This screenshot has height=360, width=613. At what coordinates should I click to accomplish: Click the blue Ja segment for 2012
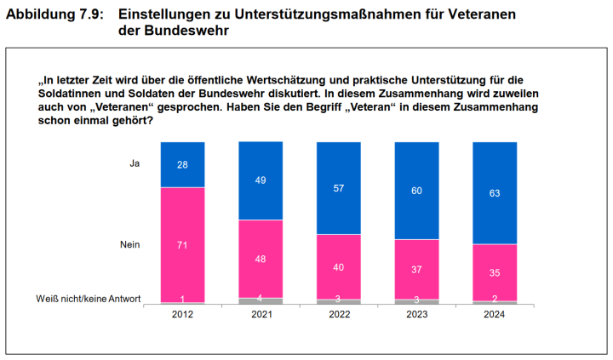(x=182, y=164)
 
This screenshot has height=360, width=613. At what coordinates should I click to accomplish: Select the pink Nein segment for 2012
(x=182, y=244)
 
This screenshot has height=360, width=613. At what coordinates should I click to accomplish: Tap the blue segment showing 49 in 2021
(x=261, y=180)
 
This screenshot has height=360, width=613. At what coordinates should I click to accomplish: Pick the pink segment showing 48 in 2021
(x=261, y=259)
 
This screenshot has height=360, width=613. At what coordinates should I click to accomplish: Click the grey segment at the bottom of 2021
(x=261, y=300)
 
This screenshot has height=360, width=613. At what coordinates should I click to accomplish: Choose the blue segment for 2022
(x=339, y=187)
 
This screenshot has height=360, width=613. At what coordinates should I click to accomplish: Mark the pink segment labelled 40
(x=339, y=266)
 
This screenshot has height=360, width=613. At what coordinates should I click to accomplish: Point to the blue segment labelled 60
(x=417, y=190)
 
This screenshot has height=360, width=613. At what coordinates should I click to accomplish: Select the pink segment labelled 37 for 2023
(x=417, y=269)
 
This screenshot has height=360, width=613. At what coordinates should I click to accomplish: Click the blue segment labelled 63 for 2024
(x=495, y=192)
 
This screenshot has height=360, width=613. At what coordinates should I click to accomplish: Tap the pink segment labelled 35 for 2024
(x=495, y=272)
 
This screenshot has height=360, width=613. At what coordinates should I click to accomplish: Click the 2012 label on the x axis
(x=182, y=314)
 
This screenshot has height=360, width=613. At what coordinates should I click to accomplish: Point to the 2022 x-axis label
(x=339, y=314)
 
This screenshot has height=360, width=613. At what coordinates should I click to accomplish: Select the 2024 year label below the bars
(x=495, y=314)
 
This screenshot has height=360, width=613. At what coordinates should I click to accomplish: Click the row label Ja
(x=134, y=163)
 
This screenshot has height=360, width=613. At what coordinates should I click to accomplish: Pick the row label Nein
(x=130, y=245)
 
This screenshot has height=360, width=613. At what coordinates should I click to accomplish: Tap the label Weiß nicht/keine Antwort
(x=89, y=298)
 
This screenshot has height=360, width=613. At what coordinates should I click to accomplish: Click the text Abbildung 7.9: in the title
(x=54, y=14)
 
